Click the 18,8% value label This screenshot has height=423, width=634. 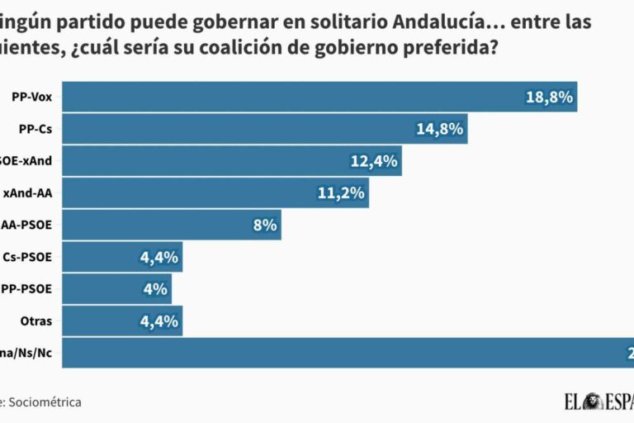click(x=549, y=97)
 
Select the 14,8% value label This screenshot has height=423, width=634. click(x=440, y=129)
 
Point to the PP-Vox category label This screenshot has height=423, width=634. click(x=32, y=97)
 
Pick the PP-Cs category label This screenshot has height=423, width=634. click(x=35, y=129)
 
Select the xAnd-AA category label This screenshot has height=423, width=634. click(x=27, y=192)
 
